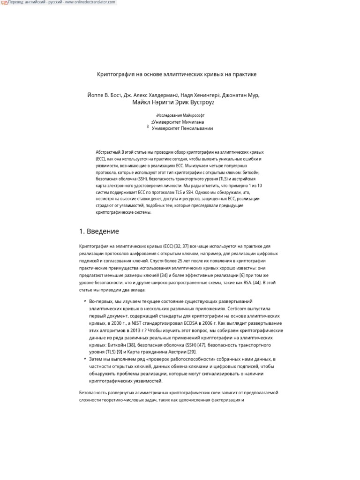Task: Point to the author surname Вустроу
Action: [x=197, y=102]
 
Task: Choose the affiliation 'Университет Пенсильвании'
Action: [x=182, y=128]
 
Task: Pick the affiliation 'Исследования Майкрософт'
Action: [x=180, y=115]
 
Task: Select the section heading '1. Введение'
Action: [x=99, y=232]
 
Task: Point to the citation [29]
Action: [x=192, y=352]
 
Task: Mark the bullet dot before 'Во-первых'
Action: [x=85, y=301]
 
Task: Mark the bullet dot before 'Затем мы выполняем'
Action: [x=85, y=359]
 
